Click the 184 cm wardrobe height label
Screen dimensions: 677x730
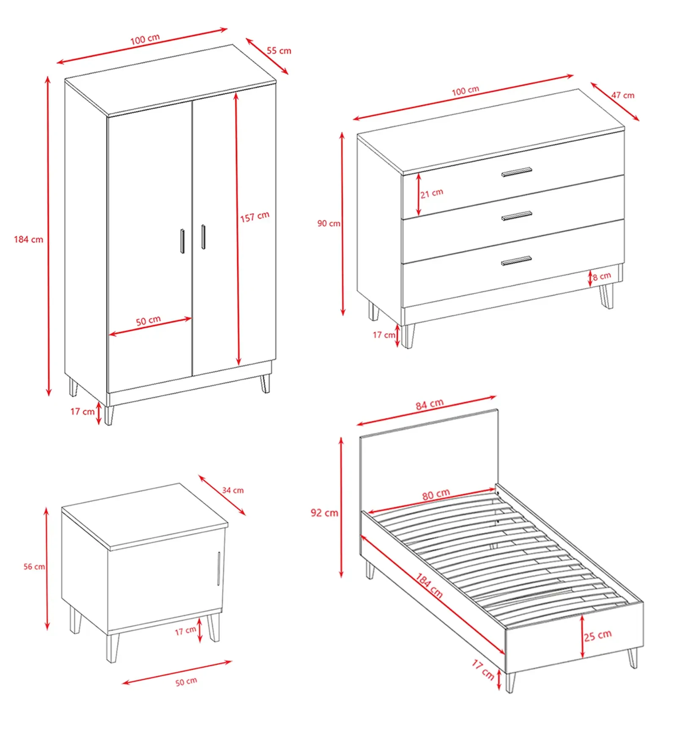coord(28,239)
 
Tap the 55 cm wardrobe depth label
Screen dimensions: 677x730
coord(279,51)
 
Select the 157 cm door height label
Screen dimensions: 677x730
coord(255,217)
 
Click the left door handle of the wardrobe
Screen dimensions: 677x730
coord(182,241)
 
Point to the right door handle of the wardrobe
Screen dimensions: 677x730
coord(203,237)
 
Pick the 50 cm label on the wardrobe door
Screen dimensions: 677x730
coord(148,321)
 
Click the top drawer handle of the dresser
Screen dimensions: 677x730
coord(517,172)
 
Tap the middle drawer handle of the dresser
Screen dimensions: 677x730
coord(517,216)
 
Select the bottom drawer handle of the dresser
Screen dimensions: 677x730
coord(516,261)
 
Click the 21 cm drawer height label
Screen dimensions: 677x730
coord(432,193)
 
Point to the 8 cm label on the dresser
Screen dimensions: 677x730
coord(602,277)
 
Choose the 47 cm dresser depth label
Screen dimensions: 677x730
coord(622,95)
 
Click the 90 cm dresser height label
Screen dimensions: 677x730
coord(329,223)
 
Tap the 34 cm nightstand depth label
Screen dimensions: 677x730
coord(233,490)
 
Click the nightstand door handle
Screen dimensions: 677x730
coord(219,569)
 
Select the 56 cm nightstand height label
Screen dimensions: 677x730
coord(34,567)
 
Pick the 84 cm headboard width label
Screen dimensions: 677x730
coord(429,404)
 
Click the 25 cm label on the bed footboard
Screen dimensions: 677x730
coord(598,635)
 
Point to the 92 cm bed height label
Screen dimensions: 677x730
coord(325,513)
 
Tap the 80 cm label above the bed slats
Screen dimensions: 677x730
coord(436,494)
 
